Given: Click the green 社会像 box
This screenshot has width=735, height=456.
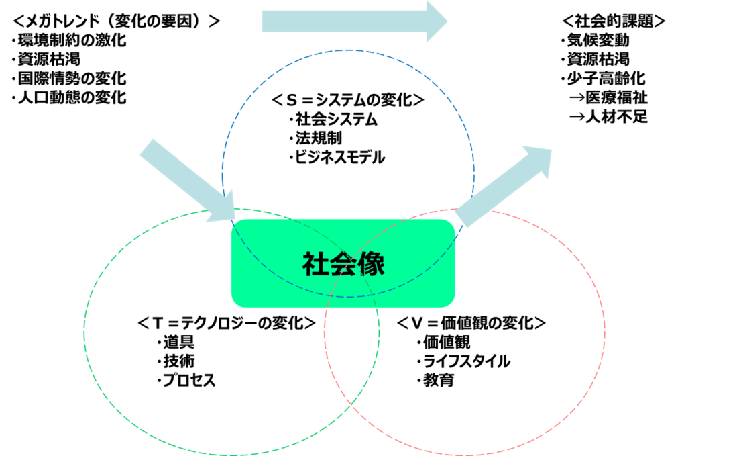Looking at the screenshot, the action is pos(343,263).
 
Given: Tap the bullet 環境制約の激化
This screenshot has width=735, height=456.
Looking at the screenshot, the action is pos(69,40).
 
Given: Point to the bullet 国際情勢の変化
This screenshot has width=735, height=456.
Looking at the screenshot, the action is pos(69,79).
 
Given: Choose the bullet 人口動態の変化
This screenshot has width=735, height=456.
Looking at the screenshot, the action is pos(69,97).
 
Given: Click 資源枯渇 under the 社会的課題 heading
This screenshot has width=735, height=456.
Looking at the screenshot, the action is pos(596,60).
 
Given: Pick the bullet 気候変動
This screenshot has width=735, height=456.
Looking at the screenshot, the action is pos(596,40).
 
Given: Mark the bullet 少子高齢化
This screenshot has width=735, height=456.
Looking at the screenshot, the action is pos(604,79).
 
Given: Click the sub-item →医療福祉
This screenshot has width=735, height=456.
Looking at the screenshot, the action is pos(608,97).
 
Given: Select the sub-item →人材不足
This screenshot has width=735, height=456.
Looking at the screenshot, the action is pos(608,116).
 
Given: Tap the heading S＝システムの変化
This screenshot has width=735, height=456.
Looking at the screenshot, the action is pos(348,100).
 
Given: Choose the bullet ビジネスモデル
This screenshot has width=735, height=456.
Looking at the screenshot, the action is pos(337,157).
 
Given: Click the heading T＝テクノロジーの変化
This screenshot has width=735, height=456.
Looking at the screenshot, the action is pos(227,323).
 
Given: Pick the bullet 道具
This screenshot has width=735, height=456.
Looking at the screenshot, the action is pos(176,343).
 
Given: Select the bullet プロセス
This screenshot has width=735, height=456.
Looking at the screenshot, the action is pos(186,380).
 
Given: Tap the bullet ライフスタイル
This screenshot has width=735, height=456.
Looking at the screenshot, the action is pos(463,361).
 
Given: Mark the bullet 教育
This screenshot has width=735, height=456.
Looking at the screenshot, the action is pos(435,380).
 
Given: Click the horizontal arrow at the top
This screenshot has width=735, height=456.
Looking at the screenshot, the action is pos(354,21).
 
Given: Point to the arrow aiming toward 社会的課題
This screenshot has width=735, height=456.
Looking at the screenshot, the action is pos(504,187).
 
